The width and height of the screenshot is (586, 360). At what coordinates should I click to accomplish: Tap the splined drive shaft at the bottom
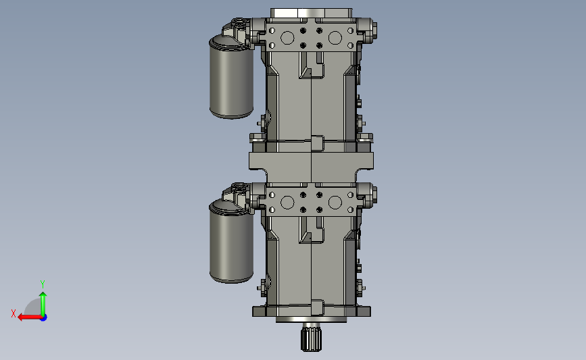pyautogui.click(x=311, y=338)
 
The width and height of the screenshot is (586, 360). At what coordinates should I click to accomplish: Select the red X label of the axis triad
pyautogui.click(x=14, y=313)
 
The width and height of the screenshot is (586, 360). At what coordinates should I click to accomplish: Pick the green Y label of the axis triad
pyautogui.click(x=43, y=284)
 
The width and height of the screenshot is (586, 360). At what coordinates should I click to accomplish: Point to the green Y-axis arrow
pyautogui.click(x=43, y=304)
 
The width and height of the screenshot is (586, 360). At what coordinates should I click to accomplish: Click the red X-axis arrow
pyautogui.click(x=30, y=317)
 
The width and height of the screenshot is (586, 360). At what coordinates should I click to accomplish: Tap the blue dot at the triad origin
pyautogui.click(x=44, y=317)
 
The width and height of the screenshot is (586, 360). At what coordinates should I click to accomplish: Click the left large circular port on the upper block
pyautogui.click(x=287, y=38)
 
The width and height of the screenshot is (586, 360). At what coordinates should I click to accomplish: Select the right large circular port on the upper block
pyautogui.click(x=335, y=38)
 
